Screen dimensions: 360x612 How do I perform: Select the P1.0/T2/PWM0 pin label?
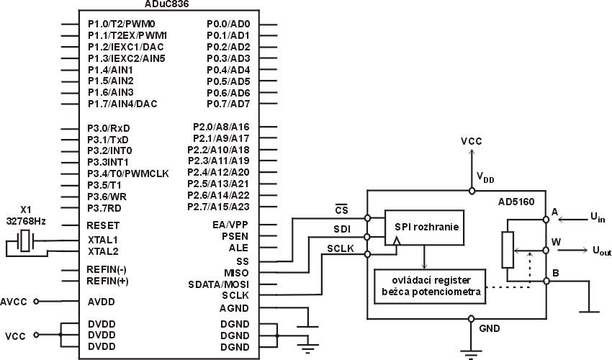[121, 24]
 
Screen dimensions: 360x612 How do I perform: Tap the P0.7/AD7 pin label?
[228, 104]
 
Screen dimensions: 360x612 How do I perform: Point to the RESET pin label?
[104, 225]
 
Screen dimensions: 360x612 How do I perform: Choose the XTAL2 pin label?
[102, 251]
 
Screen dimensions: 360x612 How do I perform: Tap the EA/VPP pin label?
[231, 225]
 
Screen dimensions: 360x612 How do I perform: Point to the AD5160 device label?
[516, 203]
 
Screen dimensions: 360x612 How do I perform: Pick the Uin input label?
[597, 217]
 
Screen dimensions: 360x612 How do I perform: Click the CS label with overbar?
[343, 210]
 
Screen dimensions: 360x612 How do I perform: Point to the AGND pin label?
[235, 308]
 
